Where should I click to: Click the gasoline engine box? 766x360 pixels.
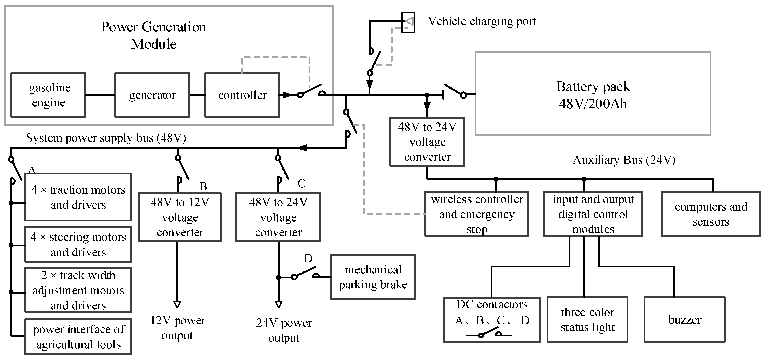click(48, 95)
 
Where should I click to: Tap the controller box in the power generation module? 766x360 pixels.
click(242, 95)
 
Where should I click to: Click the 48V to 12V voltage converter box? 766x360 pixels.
click(180, 217)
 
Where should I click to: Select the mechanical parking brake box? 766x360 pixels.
click(373, 277)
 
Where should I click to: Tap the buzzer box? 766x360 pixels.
click(685, 320)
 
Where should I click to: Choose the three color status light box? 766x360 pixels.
click(587, 320)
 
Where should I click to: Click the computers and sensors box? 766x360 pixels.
click(711, 214)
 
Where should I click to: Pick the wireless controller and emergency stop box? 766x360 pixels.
click(477, 214)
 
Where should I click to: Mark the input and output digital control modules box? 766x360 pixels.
click(593, 214)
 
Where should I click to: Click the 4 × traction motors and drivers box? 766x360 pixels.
click(78, 197)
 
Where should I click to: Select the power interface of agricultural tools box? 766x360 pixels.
click(78, 337)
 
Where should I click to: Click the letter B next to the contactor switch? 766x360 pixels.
click(203, 187)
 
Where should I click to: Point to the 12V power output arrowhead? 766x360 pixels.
click(177, 304)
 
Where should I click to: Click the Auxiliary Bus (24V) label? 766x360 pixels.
click(624, 160)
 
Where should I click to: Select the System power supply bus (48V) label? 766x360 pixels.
click(106, 138)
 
